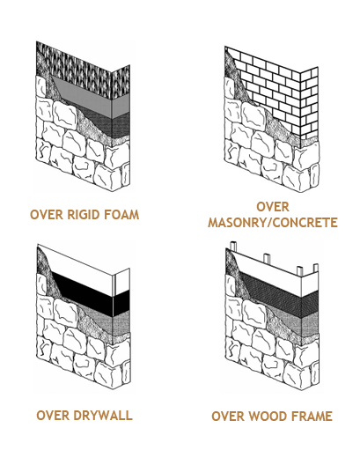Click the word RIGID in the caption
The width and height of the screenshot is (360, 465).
(x=79, y=215)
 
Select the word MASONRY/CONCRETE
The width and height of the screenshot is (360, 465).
(x=273, y=223)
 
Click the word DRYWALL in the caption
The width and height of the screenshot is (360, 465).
(x=103, y=415)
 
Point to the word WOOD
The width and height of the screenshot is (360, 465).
(x=268, y=416)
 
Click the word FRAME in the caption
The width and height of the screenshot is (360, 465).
(x=312, y=416)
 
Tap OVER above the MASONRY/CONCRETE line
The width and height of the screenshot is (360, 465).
(x=273, y=207)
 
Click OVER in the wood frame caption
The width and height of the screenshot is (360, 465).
(x=228, y=416)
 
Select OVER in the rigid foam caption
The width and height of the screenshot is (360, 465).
(x=47, y=215)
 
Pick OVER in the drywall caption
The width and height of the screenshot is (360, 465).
(x=53, y=415)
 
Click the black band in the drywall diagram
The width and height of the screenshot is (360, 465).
(x=89, y=292)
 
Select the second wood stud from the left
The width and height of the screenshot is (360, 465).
(x=267, y=258)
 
